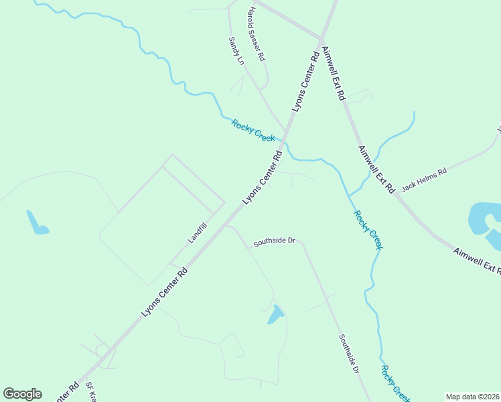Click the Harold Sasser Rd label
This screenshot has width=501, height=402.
[x=257, y=32]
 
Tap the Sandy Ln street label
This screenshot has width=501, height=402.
[x=236, y=51]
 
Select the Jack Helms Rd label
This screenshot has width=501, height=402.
[x=423, y=180]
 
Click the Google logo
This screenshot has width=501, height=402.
[x=22, y=394]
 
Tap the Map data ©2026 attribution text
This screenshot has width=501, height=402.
[x=472, y=397]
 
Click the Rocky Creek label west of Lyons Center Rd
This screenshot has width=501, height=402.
[x=253, y=129]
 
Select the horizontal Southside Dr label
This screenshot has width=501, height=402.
[x=274, y=241]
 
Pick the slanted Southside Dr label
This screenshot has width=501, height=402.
[x=348, y=354]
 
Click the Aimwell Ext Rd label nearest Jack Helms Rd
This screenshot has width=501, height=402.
[x=376, y=170]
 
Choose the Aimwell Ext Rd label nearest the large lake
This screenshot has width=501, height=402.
[x=478, y=261]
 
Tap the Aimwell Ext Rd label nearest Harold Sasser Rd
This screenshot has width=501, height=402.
[x=332, y=74]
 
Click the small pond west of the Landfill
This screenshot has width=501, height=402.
[x=36, y=224]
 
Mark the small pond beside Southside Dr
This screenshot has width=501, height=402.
[x=275, y=314]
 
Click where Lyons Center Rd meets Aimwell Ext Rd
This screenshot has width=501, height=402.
[x=323, y=38]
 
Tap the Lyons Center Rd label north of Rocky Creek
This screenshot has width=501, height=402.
[x=305, y=82]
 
